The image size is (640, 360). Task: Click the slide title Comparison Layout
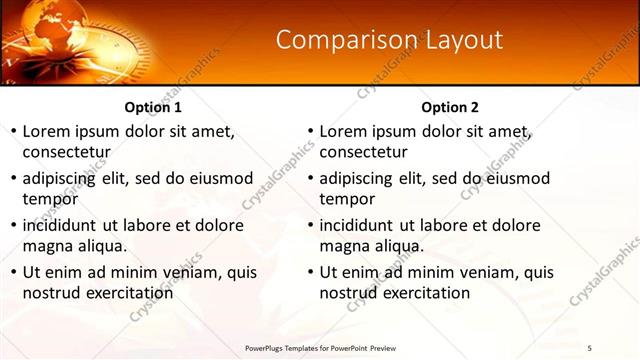(388, 40)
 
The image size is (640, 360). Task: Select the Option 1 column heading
(153, 107)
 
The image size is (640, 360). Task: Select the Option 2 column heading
(450, 107)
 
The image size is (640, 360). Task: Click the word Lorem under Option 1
(46, 131)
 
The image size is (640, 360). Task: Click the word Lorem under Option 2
(343, 131)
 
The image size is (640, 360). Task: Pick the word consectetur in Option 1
(66, 152)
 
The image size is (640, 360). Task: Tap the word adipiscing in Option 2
(361, 178)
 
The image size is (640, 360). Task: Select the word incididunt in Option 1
(64, 225)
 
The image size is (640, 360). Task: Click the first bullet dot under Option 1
(13, 132)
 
